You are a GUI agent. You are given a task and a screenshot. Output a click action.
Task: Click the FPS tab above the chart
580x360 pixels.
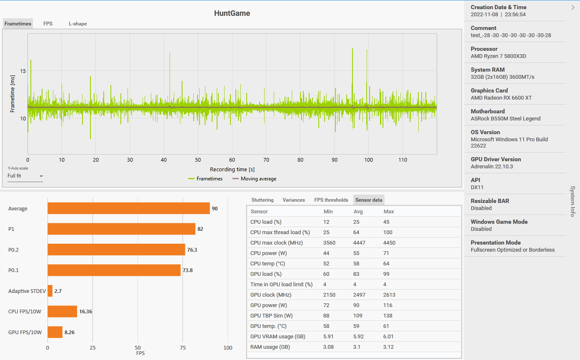48,24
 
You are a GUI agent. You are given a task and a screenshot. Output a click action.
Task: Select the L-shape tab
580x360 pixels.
78,24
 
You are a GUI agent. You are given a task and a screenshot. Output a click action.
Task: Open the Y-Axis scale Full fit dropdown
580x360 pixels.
25,176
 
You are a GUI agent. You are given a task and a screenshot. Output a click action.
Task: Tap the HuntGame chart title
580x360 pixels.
232,13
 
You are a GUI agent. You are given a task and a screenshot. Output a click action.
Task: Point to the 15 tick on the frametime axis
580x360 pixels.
23,71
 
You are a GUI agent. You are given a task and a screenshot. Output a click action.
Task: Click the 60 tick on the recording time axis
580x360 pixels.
232,160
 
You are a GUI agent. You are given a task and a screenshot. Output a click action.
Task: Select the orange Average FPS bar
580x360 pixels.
128,208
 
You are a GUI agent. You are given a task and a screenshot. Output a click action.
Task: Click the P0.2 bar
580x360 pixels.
116,250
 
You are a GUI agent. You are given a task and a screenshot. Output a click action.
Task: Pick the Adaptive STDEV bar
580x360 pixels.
50,291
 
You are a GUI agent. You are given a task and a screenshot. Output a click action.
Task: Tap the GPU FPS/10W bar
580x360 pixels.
55,332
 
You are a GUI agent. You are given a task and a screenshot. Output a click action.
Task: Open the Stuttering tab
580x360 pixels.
262,200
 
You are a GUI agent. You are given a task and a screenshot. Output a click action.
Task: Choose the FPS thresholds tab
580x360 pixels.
331,200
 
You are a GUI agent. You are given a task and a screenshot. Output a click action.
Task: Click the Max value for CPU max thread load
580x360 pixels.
388,232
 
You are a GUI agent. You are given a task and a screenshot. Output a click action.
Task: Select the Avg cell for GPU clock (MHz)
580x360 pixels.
359,295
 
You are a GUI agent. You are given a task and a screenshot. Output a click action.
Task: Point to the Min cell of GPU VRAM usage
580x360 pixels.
329,337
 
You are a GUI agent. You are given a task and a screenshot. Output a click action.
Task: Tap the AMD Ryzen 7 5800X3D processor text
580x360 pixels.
498,56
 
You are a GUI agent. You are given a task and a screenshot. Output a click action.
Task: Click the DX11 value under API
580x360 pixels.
477,187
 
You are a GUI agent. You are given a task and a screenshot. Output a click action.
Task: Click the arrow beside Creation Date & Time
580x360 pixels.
573,7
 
